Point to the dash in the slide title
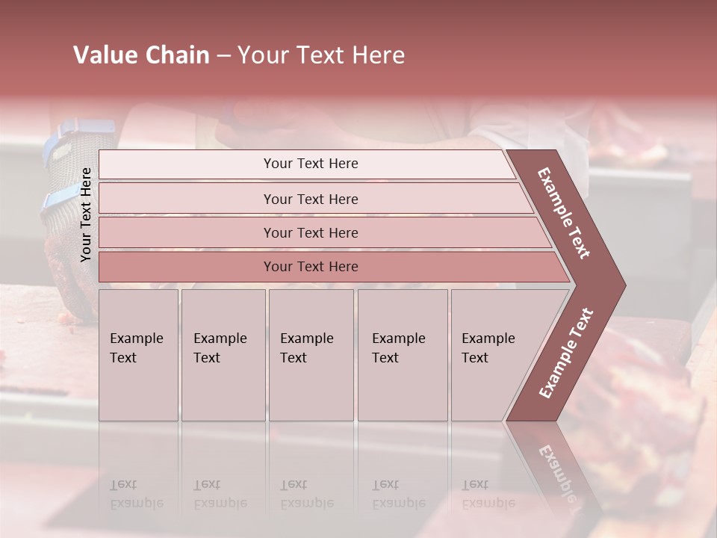(223, 56)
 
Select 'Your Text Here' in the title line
(321, 55)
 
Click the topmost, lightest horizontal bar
(306, 164)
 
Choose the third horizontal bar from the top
(321, 232)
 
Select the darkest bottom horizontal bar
(329, 267)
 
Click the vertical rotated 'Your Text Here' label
(86, 214)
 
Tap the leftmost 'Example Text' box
(138, 354)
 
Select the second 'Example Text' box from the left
(223, 354)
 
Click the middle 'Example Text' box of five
(311, 354)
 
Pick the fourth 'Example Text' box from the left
(403, 354)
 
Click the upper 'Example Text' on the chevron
(564, 213)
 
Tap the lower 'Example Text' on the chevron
(566, 353)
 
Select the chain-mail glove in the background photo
(67, 247)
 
